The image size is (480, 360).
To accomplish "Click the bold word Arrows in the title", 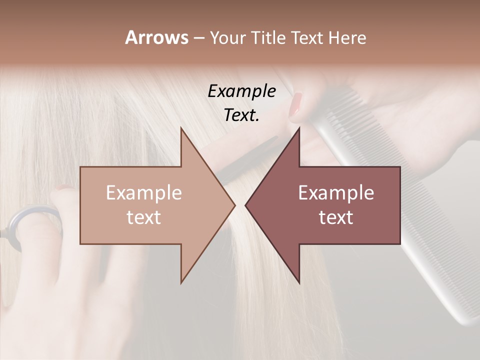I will (x=156, y=37).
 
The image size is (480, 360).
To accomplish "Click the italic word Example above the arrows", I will (x=241, y=91).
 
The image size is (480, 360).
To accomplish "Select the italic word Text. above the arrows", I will (x=241, y=115).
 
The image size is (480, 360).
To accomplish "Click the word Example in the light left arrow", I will (x=143, y=193).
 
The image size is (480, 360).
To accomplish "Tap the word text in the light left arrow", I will (x=143, y=217).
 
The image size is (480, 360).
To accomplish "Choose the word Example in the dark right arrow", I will (x=336, y=193).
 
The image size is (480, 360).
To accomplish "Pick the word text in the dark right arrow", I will (x=336, y=217).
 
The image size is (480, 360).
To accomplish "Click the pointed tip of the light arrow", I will (x=234, y=205).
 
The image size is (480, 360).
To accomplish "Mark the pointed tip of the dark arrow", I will (x=246, y=205).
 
